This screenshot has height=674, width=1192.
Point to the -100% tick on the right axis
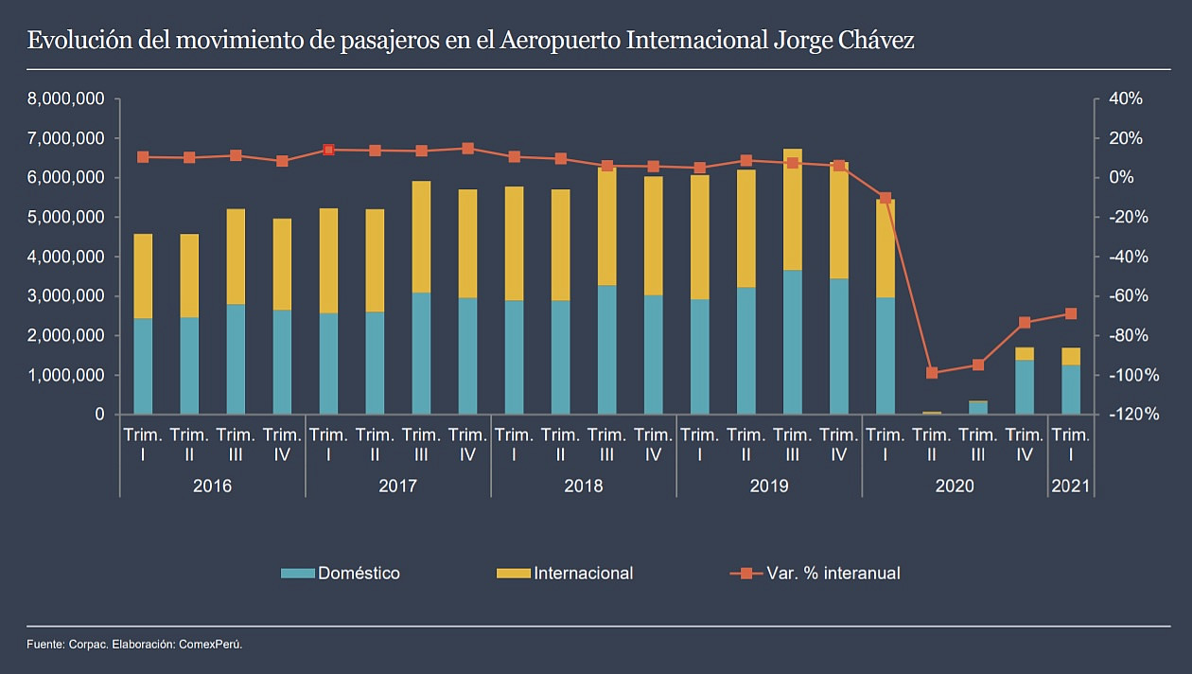tap(1129, 376)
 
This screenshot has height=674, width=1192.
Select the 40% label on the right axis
tap(1125, 99)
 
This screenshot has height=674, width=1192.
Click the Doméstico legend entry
tap(359, 574)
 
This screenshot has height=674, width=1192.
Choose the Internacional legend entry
tap(583, 574)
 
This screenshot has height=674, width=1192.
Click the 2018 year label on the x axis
tap(583, 487)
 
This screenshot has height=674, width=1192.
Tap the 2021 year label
tap(1071, 487)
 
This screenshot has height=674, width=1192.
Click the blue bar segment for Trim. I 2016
tap(143, 366)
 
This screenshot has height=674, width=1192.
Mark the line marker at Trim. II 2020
tap(932, 373)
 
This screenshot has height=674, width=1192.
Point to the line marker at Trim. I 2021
tap(1071, 313)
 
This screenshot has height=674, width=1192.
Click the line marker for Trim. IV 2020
tap(1025, 323)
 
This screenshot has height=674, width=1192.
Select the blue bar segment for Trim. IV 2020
tap(1025, 387)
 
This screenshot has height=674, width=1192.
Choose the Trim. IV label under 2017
tap(467, 445)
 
